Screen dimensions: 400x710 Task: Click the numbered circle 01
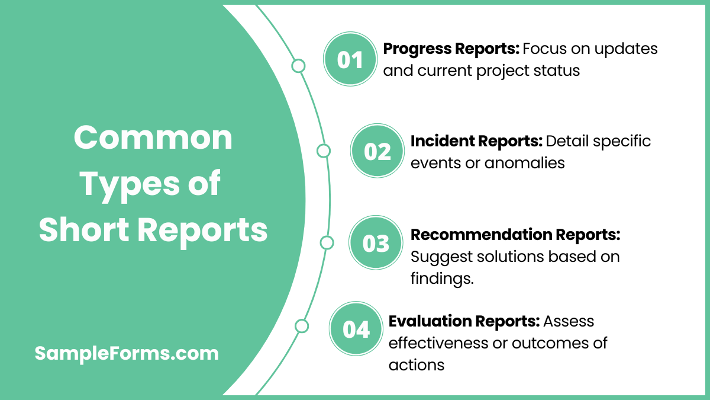point(350,60)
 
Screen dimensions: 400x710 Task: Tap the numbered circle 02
point(377,152)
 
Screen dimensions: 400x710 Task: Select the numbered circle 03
point(376,244)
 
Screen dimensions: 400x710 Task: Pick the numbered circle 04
point(356,329)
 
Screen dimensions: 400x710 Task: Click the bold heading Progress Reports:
point(451,49)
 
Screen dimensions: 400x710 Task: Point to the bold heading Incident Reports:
point(476,141)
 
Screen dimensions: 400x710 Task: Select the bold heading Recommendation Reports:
point(515,235)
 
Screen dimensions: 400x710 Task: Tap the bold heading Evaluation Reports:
point(464,321)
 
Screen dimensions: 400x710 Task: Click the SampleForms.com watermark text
point(127,354)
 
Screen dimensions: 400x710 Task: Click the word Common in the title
point(153,138)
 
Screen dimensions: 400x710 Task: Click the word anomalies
point(525,162)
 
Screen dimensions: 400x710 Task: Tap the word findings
point(442,279)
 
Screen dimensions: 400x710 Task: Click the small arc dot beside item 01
point(299,66)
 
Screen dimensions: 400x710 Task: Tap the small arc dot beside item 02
point(324,151)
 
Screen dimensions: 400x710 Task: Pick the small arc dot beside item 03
point(327,242)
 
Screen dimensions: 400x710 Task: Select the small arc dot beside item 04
point(302,326)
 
